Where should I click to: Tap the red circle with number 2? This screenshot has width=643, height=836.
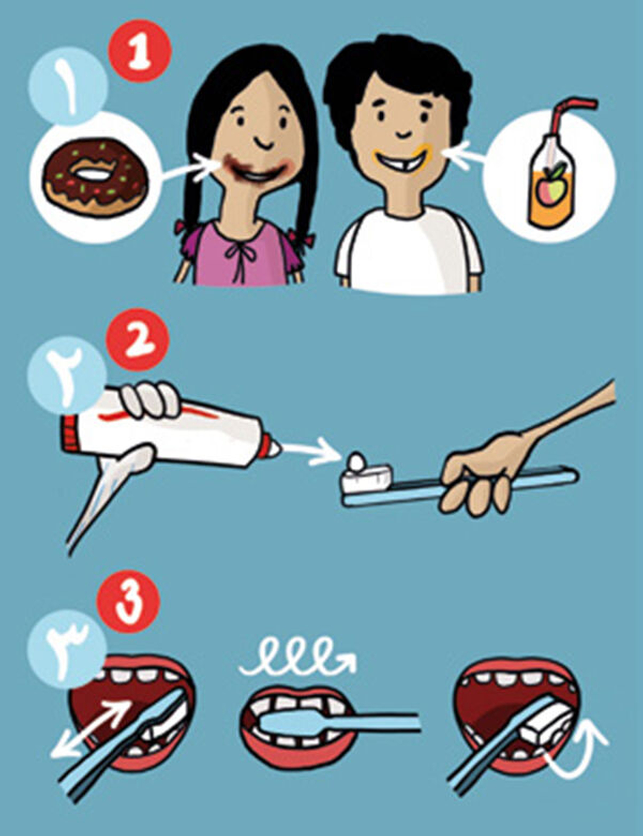(x=137, y=339)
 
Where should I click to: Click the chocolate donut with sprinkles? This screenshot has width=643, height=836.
(x=95, y=177)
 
